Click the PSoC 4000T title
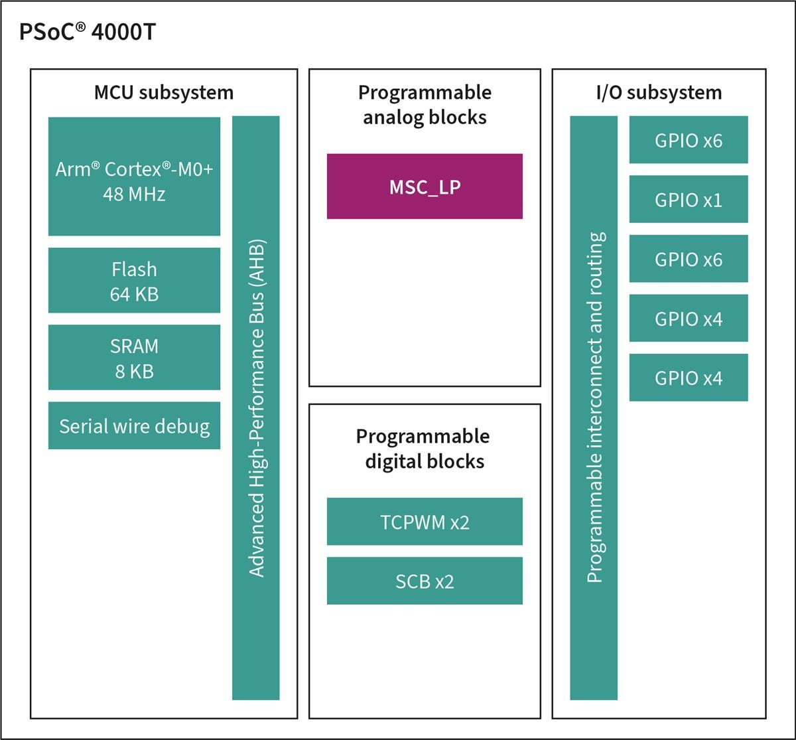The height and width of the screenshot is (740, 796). click(86, 33)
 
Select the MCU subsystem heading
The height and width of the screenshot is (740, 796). click(164, 92)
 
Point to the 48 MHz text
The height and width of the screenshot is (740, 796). click(134, 194)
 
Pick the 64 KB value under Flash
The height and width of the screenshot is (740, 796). click(134, 294)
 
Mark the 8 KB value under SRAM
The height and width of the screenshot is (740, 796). click(134, 371)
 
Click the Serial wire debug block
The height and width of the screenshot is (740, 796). click(134, 425)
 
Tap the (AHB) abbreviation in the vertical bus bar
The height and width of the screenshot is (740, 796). click(256, 262)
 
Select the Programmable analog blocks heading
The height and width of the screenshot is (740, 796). click(425, 104)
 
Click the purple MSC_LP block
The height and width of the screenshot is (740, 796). click(425, 186)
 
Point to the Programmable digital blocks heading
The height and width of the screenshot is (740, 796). click(424, 449)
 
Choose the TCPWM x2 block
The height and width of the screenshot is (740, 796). click(425, 522)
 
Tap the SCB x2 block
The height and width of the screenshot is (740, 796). click(425, 581)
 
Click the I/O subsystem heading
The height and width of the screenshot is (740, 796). click(658, 92)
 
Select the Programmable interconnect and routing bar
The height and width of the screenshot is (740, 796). click(594, 407)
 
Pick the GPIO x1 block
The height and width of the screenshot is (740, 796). click(688, 199)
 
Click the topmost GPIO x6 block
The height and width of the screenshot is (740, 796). click(688, 140)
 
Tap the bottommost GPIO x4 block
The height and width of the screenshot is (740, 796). click(688, 378)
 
